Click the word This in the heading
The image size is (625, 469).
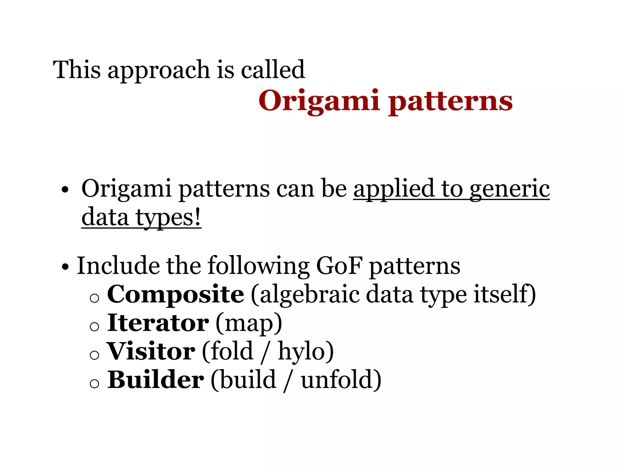[x=77, y=70]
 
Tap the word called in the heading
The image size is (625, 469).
[x=273, y=70]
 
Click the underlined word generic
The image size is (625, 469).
[x=509, y=189]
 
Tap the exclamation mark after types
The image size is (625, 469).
[x=197, y=217]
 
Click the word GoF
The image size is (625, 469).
[x=339, y=266]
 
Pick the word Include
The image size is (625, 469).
[x=118, y=266]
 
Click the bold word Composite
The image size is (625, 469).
[x=175, y=294]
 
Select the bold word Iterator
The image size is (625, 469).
[x=158, y=323]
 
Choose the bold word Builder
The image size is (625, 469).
[x=156, y=380]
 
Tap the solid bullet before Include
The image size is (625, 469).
[x=65, y=267]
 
